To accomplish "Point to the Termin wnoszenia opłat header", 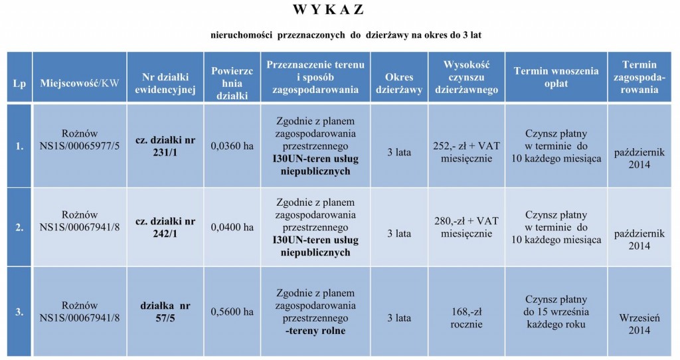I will pyautogui.click(x=556, y=78).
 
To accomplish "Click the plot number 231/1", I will pyautogui.click(x=165, y=152).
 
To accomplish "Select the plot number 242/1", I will pyautogui.click(x=165, y=233).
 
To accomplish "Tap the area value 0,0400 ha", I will pyautogui.click(x=232, y=227).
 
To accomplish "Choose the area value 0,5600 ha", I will pyautogui.click(x=232, y=312).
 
